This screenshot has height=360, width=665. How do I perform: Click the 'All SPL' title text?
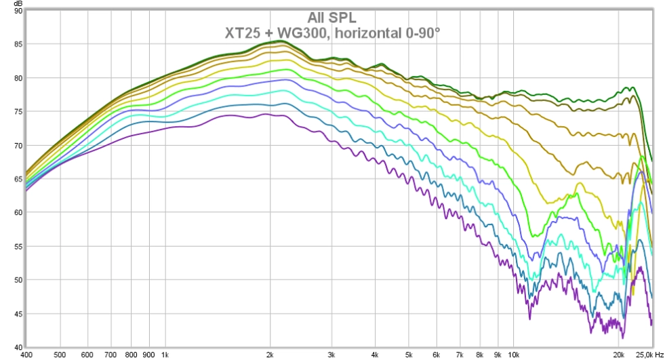tap(332, 18)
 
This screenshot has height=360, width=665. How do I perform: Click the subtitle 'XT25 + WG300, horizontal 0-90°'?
tap(332, 31)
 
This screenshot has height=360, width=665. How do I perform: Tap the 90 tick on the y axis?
tap(18, 12)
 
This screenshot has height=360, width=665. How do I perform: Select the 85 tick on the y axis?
tap(18, 45)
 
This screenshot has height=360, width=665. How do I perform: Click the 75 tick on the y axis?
tap(18, 112)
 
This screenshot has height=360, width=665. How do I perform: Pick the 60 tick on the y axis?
tap(18, 212)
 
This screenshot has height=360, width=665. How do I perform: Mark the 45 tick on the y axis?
tap(18, 313)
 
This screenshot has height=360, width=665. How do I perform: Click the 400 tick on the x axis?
tap(26, 354)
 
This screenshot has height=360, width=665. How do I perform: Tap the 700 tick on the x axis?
tap(111, 354)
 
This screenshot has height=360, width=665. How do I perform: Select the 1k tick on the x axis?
tap(165, 354)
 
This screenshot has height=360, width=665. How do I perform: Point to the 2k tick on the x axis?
tap(270, 354)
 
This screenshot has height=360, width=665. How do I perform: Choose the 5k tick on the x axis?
tap(409, 354)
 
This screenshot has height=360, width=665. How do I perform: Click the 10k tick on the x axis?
tap(513, 354)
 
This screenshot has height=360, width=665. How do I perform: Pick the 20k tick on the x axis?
tap(618, 354)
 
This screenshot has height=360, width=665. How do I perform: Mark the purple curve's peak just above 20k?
tap(641, 267)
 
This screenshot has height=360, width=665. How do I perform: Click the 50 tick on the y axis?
tap(18, 279)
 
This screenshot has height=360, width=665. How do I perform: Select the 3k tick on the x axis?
tap(331, 354)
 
